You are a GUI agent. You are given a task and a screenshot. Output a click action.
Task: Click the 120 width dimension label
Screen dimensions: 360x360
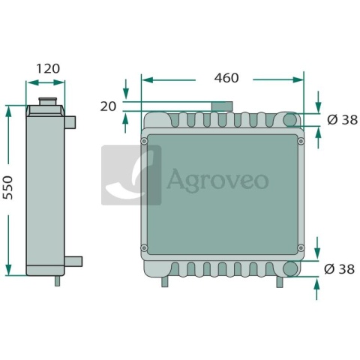pyautogui.click(x=48, y=68)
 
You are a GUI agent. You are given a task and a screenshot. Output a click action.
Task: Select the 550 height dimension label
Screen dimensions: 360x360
pyautogui.click(x=7, y=187)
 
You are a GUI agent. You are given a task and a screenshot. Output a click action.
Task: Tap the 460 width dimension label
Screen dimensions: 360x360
pyautogui.click(x=226, y=78)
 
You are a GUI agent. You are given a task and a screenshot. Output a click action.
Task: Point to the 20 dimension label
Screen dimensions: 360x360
pyautogui.click(x=108, y=106)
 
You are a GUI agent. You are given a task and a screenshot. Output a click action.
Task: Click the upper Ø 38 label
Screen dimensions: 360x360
pyautogui.click(x=342, y=120)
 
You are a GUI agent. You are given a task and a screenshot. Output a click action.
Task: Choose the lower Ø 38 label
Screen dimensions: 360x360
pyautogui.click(x=339, y=269)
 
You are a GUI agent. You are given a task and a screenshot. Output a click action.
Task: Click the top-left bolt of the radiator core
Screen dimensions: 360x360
pyautogui.click(x=144, y=141)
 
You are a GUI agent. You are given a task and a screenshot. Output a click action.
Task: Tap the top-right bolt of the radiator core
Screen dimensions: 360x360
pyautogui.click(x=301, y=141)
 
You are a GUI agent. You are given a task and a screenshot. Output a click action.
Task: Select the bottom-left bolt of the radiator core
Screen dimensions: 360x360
pyautogui.click(x=144, y=248)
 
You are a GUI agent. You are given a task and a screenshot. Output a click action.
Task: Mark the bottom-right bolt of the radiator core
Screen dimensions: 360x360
pyautogui.click(x=301, y=248)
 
